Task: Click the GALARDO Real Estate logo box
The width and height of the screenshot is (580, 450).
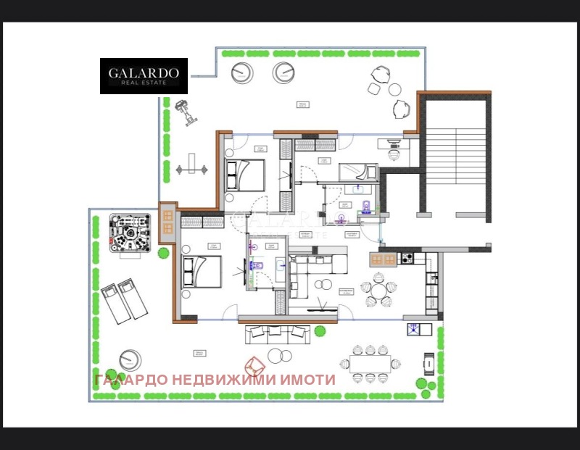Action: point(144,76)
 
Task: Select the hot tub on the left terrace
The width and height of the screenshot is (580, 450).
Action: point(129,232)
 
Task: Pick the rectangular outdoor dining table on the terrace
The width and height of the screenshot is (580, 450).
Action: point(374,363)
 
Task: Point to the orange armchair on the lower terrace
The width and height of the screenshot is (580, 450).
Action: point(254,366)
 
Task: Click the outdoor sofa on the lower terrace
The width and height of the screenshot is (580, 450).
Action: point(279,334)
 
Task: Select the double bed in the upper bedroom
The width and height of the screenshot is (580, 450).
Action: point(245,175)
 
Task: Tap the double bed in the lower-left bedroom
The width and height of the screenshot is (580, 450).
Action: point(201,272)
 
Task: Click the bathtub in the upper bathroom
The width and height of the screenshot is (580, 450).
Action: point(358,172)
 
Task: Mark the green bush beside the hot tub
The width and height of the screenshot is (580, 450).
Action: point(164,254)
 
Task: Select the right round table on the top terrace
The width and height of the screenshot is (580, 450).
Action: point(283,72)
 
